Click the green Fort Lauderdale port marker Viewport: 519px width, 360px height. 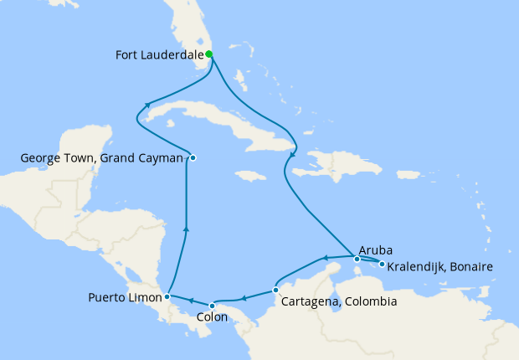[209, 54]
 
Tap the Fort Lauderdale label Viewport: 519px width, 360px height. [158, 56]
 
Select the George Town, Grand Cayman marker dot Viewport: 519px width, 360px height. [193, 157]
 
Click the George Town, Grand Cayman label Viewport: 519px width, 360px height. [101, 157]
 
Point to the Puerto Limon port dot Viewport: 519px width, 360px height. [168, 296]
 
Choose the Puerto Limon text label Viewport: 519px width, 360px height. [126, 297]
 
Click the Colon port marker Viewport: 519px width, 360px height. [213, 305]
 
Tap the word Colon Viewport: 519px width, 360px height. [212, 317]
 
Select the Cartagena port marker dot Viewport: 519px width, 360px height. [276, 291]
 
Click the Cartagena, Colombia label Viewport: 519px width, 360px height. [339, 301]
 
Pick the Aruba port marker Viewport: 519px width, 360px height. [357, 259]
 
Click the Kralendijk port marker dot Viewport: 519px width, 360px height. [382, 265]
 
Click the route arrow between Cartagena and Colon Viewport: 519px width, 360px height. [244, 297]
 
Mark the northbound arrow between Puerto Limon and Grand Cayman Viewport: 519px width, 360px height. [185, 227]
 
